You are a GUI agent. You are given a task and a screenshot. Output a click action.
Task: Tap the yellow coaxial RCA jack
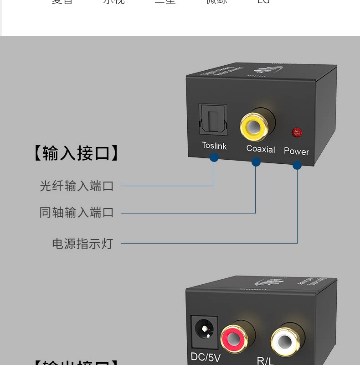tap(254, 126)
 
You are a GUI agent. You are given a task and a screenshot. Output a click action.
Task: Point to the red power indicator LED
tap(297, 133)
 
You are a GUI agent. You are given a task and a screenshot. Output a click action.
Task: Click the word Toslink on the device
tap(214, 146)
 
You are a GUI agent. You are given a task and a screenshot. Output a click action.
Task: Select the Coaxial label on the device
tap(261, 149)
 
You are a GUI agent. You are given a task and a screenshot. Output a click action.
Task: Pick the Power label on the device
tap(296, 151)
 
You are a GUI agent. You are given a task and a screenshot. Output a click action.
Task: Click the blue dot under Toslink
tap(214, 157)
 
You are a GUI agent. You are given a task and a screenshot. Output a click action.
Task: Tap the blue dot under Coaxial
tap(256, 162)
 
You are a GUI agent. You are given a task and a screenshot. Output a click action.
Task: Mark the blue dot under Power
tap(297, 165)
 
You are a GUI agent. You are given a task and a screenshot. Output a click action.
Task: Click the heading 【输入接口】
tap(77, 153)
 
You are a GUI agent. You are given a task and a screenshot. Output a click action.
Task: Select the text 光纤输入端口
tap(77, 186)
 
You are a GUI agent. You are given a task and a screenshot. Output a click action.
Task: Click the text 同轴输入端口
tap(77, 213)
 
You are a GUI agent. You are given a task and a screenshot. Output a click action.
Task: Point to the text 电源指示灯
tap(82, 244)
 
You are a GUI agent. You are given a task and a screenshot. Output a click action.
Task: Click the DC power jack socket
tap(204, 329)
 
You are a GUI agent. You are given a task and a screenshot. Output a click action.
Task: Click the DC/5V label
tap(206, 356)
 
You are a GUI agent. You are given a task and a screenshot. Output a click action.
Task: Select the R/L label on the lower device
tap(265, 360)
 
